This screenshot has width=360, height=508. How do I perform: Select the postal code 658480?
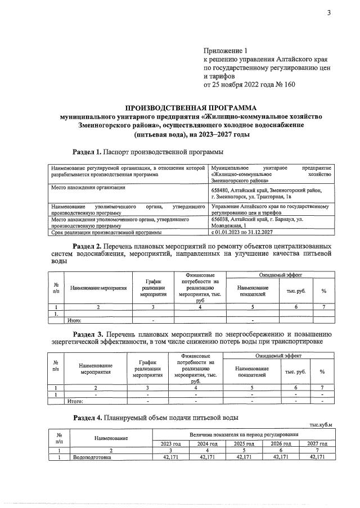pos(222,191)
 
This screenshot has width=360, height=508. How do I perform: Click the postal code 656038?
pos(222,220)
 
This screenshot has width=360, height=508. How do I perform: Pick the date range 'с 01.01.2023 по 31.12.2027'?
pos(242,232)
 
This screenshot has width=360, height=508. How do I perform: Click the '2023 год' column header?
pos(170,443)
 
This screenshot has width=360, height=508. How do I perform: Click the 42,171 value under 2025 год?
pos(245,457)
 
